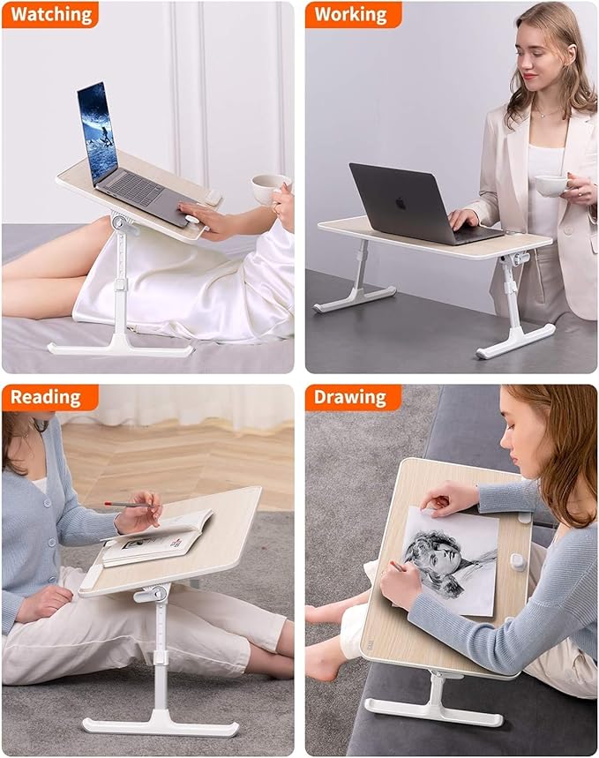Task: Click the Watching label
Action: click(49, 14)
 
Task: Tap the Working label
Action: click(351, 14)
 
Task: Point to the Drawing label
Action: click(351, 397)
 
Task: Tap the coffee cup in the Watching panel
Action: click(267, 188)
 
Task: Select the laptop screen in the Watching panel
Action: click(97, 130)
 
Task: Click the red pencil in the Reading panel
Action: click(129, 504)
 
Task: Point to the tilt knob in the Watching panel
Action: click(123, 224)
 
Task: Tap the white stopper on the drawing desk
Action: click(519, 561)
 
